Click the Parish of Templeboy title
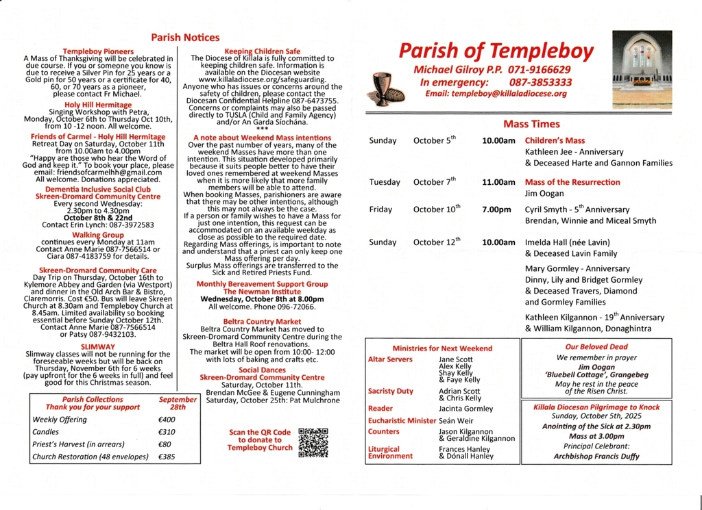coord(496,51)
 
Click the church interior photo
coord(642,62)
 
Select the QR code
coord(313,442)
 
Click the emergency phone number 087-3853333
coord(541,82)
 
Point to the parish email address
coord(496,94)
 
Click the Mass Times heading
coord(531,124)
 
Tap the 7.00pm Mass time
coord(496,209)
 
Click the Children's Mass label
coord(555,140)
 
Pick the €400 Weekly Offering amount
coord(167,420)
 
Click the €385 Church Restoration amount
coord(167,457)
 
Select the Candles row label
coord(46,432)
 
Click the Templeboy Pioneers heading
coord(98,51)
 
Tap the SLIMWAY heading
coord(97,347)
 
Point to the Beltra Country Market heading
coord(262,321)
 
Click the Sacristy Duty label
coord(391,391)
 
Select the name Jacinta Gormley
coord(465,409)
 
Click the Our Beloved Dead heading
coord(596,347)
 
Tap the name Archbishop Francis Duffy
coord(596,457)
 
